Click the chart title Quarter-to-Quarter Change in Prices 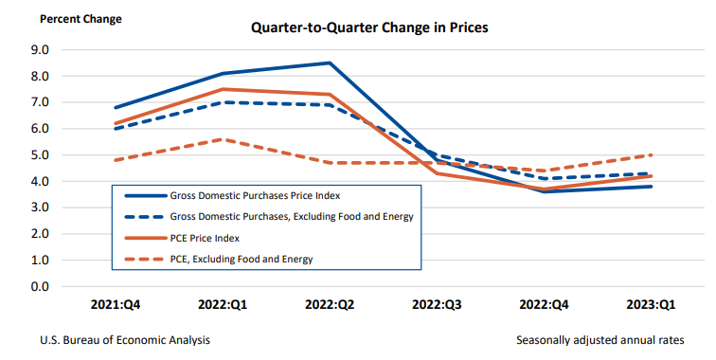[368, 27]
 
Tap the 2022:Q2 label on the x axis [330, 306]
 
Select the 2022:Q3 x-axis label [438, 306]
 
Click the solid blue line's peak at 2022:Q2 [330, 63]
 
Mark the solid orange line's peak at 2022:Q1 [222, 89]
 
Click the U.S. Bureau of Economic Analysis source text [125, 339]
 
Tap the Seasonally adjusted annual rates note [598, 339]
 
